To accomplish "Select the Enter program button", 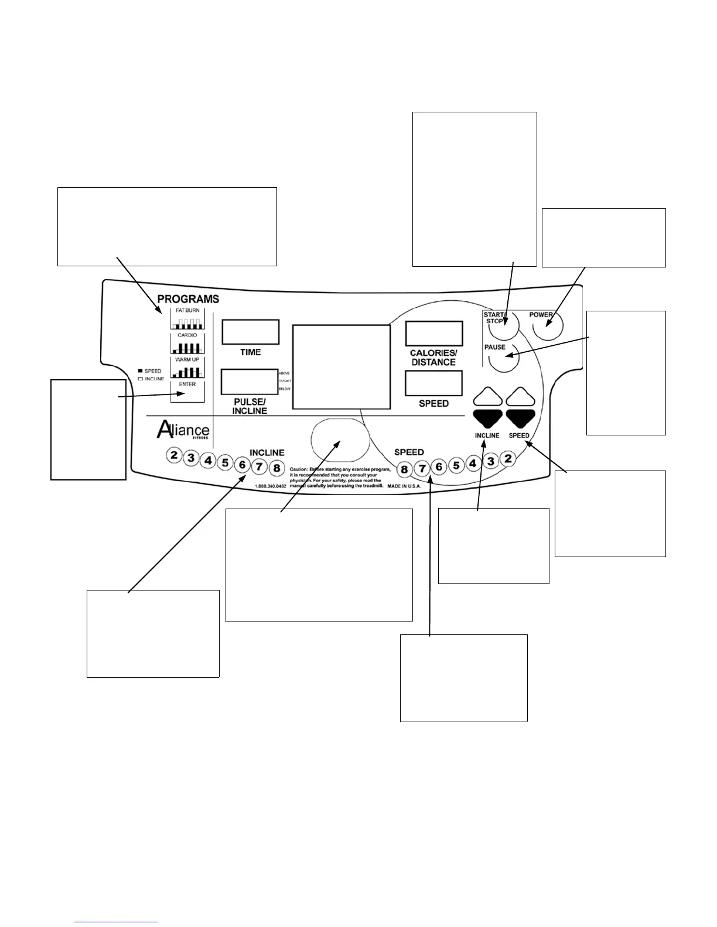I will click(x=187, y=392).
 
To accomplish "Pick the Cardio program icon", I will click(x=187, y=344).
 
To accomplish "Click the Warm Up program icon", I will click(x=187, y=368).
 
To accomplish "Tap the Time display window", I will click(x=250, y=332).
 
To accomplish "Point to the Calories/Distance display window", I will click(x=434, y=334).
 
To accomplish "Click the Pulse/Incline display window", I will click(x=250, y=382).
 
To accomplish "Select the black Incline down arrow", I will click(x=488, y=417).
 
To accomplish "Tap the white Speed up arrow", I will click(x=521, y=398).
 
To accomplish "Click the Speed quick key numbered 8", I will click(x=404, y=469).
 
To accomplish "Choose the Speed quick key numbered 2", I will click(x=508, y=459).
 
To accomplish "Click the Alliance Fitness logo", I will click(x=183, y=430).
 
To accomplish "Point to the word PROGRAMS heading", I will click(x=188, y=299).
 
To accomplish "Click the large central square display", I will click(x=342, y=366).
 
